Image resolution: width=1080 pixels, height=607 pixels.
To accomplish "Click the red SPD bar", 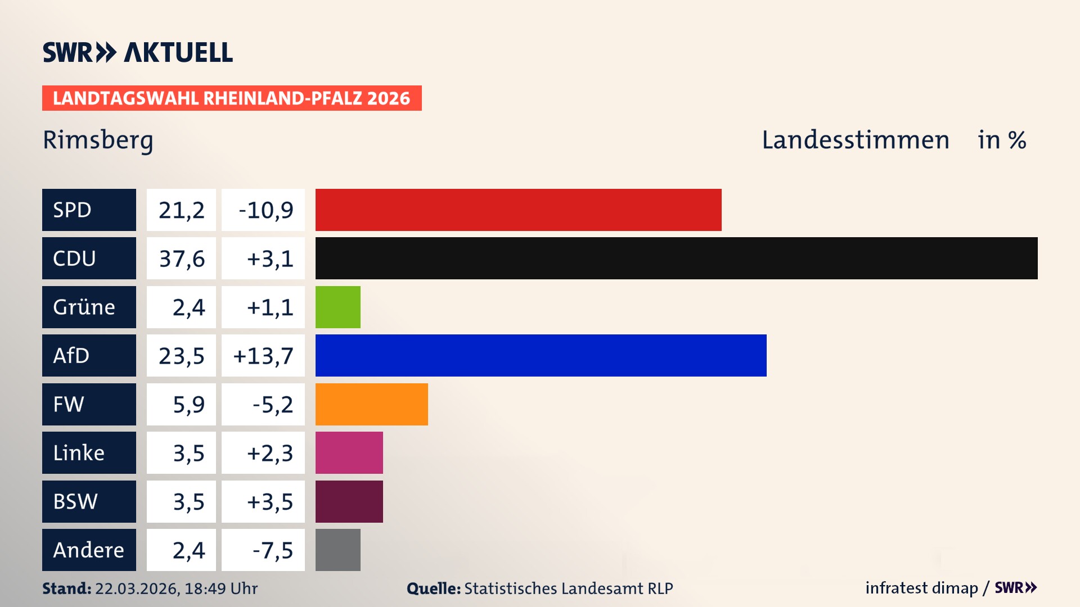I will pos(517,210).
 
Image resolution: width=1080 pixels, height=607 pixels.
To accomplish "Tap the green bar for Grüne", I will pos(337,307).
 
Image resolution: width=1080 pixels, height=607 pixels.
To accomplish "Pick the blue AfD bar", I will pos(540,355).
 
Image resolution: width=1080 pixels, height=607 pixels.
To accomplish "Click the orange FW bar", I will pos(371,404).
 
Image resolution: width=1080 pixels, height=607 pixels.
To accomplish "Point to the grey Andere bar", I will pos(337,550).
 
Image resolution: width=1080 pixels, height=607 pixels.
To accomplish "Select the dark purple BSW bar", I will pos(349,501).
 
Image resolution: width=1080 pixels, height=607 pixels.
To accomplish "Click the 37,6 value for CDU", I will pos(181,259).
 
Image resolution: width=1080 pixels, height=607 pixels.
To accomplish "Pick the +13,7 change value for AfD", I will pos(263,356).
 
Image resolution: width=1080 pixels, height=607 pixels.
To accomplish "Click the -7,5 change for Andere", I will pos(272,550).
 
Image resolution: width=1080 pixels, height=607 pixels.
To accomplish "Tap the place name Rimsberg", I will pos(98,141).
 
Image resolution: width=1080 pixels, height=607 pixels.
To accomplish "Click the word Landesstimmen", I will pos(855,140).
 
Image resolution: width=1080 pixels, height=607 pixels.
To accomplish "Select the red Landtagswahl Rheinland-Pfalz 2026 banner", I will pos(232,98).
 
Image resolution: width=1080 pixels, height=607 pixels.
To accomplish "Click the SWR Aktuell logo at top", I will pos(138,52).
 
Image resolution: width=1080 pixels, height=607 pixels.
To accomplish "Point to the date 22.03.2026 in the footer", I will pos(137,588).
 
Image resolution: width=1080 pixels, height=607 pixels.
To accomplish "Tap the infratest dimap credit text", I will pos(921,588).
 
